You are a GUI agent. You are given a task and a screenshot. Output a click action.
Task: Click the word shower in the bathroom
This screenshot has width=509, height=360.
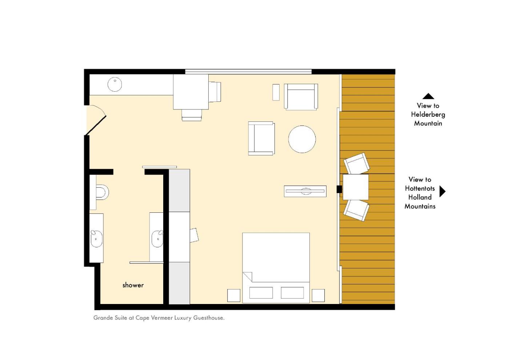133,285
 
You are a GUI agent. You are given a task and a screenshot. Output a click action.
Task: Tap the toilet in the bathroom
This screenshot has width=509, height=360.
102,192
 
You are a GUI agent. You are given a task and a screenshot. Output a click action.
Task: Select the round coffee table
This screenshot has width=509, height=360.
302,139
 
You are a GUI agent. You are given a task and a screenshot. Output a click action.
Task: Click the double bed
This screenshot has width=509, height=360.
276,268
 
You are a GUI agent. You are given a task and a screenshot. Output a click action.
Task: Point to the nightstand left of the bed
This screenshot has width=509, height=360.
234,295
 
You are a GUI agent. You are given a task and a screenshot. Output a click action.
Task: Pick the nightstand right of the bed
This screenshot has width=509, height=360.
318,295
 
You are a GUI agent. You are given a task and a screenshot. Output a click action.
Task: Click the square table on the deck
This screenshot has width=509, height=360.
356,187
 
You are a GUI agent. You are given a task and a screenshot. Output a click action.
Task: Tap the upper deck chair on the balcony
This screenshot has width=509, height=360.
357,163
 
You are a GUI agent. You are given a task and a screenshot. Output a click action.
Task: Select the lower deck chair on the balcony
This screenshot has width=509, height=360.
356,210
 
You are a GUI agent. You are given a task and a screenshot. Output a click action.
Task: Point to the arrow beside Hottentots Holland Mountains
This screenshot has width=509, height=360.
442,191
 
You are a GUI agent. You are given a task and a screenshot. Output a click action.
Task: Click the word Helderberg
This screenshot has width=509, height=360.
428,115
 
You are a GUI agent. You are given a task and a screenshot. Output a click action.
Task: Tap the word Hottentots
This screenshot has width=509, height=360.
420,188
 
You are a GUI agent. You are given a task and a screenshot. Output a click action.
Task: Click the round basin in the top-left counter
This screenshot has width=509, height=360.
115,84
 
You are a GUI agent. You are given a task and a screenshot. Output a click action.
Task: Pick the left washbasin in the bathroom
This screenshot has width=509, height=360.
96,239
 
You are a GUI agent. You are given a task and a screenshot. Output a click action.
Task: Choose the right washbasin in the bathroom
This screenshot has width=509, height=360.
157,239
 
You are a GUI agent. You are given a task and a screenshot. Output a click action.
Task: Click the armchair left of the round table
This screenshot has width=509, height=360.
261,139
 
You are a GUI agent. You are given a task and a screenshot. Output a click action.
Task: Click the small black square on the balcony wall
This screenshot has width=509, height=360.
339,189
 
